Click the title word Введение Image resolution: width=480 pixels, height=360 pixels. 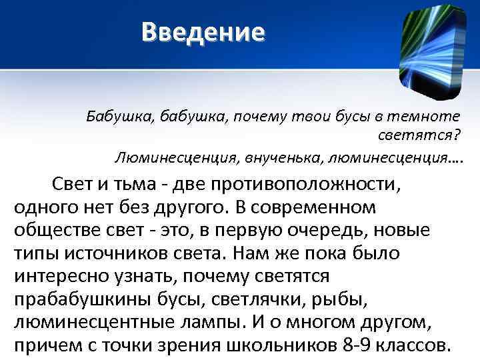(203, 32)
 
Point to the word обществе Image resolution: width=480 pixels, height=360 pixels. (54, 231)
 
